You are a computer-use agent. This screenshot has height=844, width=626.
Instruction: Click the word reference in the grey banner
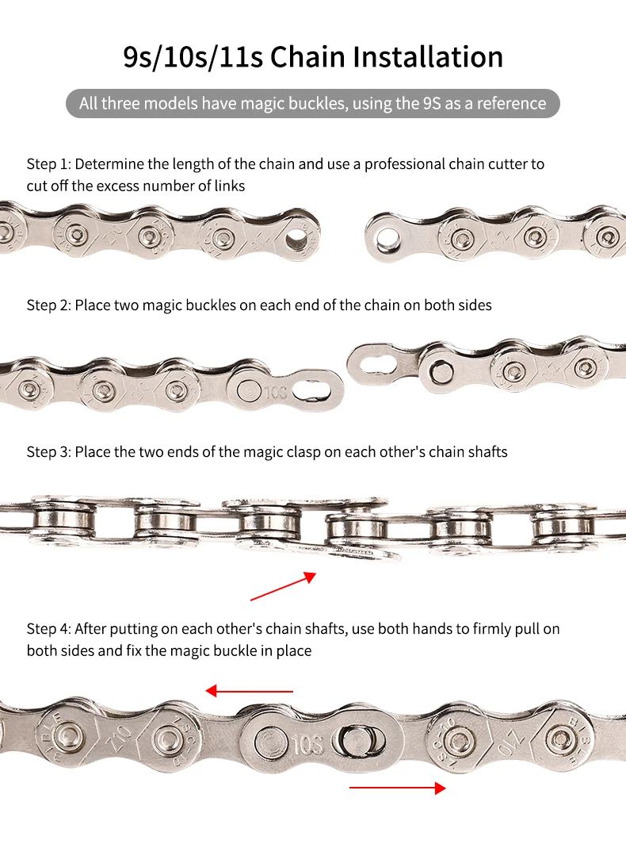pyautogui.click(x=511, y=103)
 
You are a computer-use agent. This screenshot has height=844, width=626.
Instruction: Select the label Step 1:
pyautogui.click(x=48, y=164)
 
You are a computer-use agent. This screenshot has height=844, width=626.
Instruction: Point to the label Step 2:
pyautogui.click(x=48, y=305)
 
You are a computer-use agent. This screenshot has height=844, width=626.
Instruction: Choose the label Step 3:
pyautogui.click(x=48, y=452)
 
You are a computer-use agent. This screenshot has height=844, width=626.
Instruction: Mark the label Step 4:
pyautogui.click(x=48, y=629)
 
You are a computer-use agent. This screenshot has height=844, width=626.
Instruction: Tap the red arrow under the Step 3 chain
pyautogui.click(x=284, y=586)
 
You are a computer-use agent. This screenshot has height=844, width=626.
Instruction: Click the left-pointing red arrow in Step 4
pyautogui.click(x=250, y=691)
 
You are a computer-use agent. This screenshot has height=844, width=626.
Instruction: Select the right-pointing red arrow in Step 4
pyautogui.click(x=398, y=788)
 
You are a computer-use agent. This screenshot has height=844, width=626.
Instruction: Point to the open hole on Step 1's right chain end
pyautogui.click(x=385, y=238)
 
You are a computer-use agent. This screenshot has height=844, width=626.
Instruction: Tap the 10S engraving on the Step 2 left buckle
pyautogui.click(x=275, y=392)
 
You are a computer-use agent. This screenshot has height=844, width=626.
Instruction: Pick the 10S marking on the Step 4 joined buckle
pyautogui.click(x=308, y=745)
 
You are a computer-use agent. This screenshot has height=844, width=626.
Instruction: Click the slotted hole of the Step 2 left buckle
pyautogui.click(x=312, y=390)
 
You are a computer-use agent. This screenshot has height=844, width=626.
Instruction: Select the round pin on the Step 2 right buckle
pyautogui.click(x=441, y=370)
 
